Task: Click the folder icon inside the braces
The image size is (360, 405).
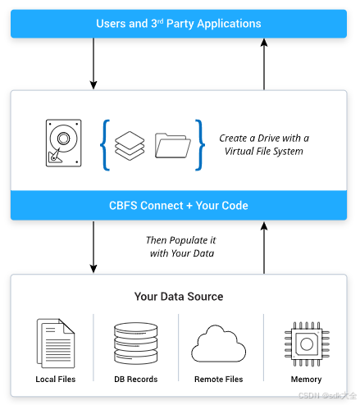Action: (x=173, y=145)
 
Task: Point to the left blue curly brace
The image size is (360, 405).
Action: (x=105, y=145)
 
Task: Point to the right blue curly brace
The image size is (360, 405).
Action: (x=198, y=145)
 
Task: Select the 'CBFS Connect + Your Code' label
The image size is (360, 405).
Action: (x=179, y=205)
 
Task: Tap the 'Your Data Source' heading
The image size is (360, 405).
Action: (x=179, y=296)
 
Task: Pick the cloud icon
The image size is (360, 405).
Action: (x=219, y=342)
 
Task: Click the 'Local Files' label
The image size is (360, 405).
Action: (x=55, y=380)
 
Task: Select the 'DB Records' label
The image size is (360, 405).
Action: (x=136, y=380)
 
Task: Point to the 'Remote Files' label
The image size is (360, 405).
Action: (x=219, y=380)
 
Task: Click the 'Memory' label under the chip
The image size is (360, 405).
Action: (x=305, y=380)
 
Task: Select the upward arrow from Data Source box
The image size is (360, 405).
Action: (x=264, y=247)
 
